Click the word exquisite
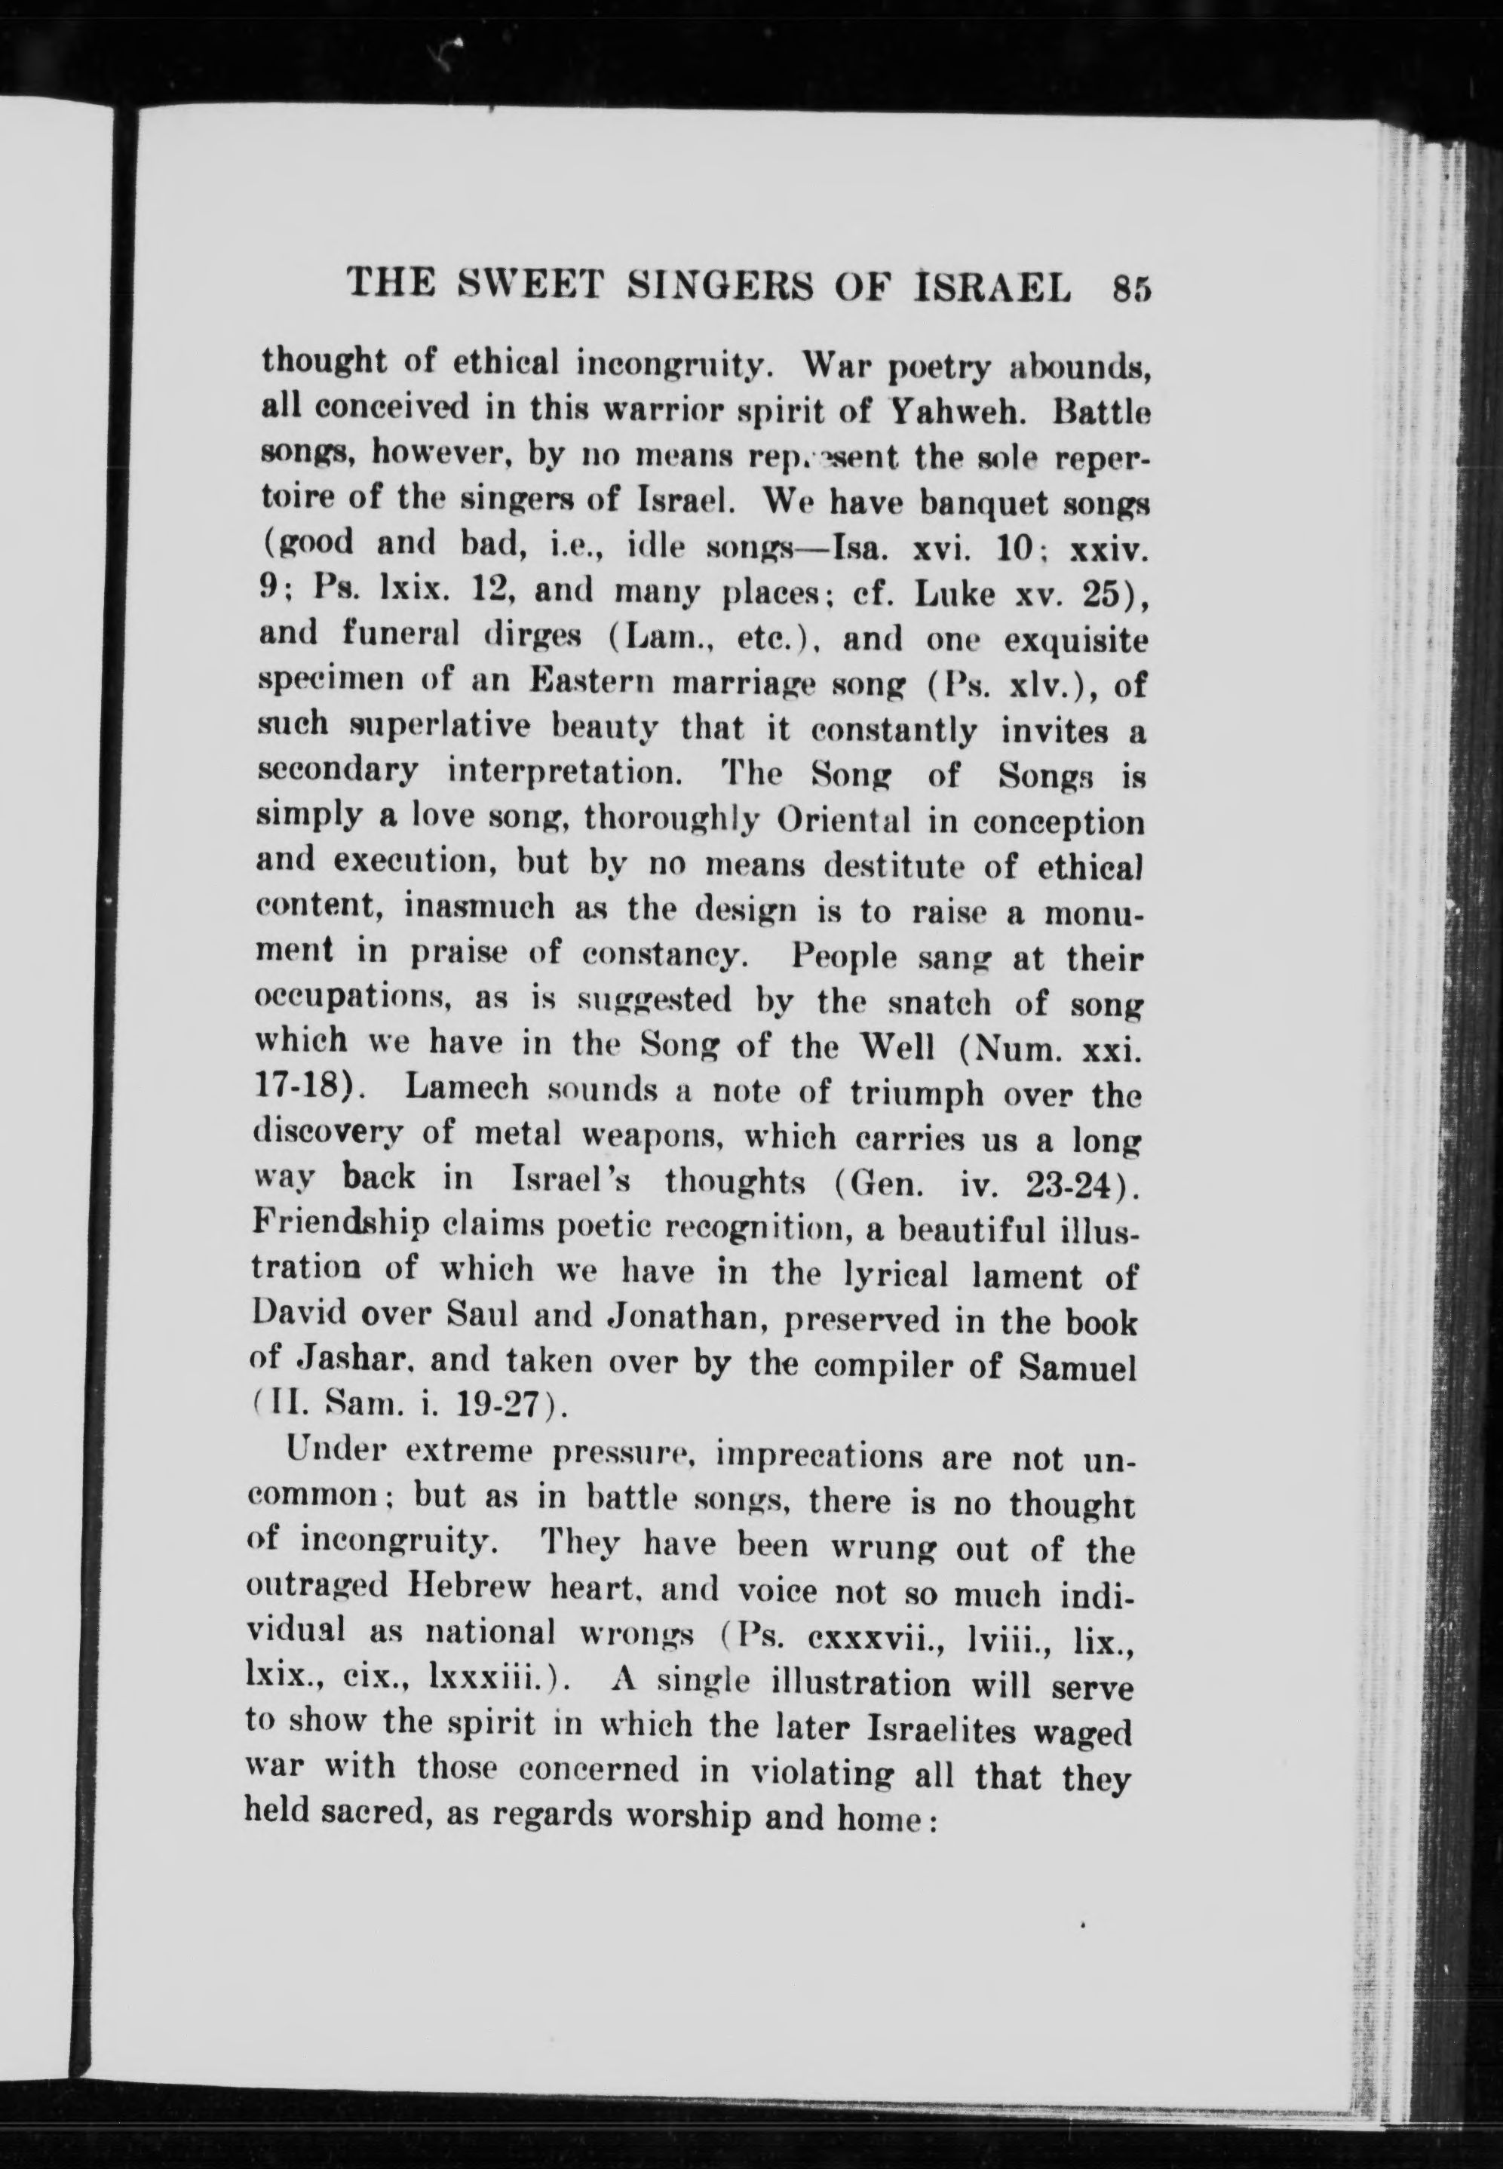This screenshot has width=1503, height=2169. (x=1074, y=641)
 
